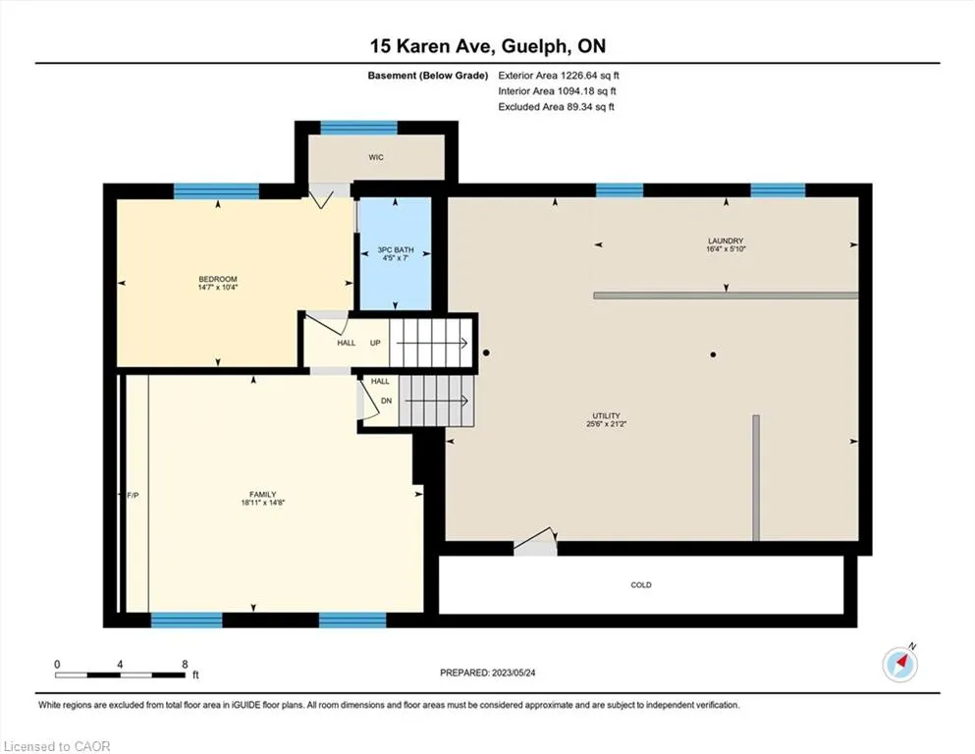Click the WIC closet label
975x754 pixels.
pos(376,157)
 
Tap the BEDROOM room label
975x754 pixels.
pos(218,279)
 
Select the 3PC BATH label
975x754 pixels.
pos(396,250)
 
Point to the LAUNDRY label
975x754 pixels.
pos(726,241)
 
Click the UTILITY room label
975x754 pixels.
pos(606,416)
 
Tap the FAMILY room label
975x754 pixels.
pos(263,495)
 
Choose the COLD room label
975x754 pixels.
pos(641,585)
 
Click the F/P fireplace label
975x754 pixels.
pos(134,496)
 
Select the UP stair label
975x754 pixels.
pos(376,343)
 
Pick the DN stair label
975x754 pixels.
pos(386,401)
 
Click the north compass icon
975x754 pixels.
pos(899,664)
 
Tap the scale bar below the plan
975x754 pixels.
pos(120,674)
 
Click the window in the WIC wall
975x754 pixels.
pos(358,128)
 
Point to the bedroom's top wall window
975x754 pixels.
pos(216,190)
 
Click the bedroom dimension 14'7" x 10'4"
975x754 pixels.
pos(218,288)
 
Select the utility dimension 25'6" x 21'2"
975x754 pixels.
pos(606,424)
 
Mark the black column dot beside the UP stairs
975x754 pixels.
pos(486,352)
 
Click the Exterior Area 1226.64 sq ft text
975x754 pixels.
pos(559,76)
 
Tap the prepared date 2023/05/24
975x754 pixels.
pos(513,673)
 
